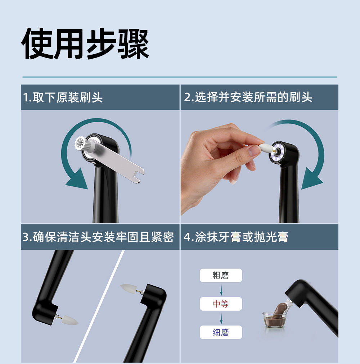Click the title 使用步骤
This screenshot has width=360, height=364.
[x=85, y=44]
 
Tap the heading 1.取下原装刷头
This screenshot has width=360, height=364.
[x=63, y=97]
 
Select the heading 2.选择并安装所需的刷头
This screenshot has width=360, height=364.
[x=248, y=97]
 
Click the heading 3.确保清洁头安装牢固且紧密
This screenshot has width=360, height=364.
[x=98, y=237]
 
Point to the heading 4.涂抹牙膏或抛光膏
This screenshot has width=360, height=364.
[x=236, y=237]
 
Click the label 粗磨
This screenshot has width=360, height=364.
[x=221, y=275]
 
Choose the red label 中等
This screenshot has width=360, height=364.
[x=221, y=304]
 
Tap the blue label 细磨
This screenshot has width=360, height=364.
[x=221, y=332]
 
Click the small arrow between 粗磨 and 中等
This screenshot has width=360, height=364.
[x=221, y=290]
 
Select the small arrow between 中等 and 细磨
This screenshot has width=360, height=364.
[x=221, y=319]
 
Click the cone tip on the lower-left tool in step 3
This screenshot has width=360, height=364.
[x=70, y=320]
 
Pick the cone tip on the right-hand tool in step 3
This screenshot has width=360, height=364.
[x=128, y=288]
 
